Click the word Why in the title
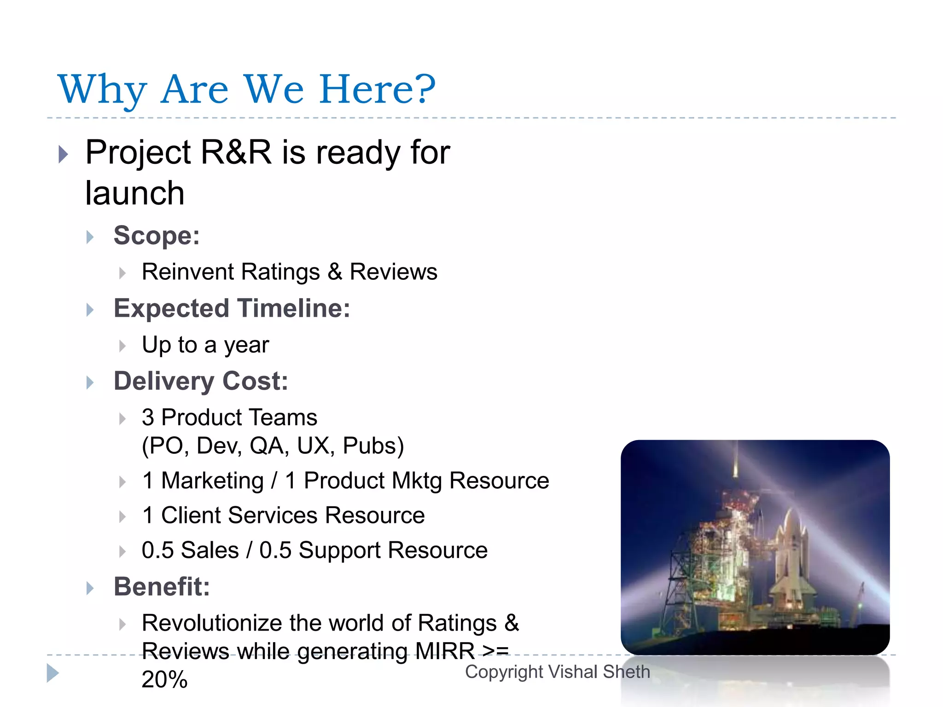(x=102, y=90)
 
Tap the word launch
(x=135, y=193)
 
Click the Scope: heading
(x=157, y=236)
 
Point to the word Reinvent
(x=187, y=272)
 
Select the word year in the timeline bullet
(x=246, y=345)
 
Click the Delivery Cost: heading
(x=201, y=381)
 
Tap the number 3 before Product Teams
(x=148, y=417)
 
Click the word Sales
(x=210, y=550)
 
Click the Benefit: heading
(x=162, y=586)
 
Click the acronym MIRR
(x=444, y=651)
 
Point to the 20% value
(x=164, y=679)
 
